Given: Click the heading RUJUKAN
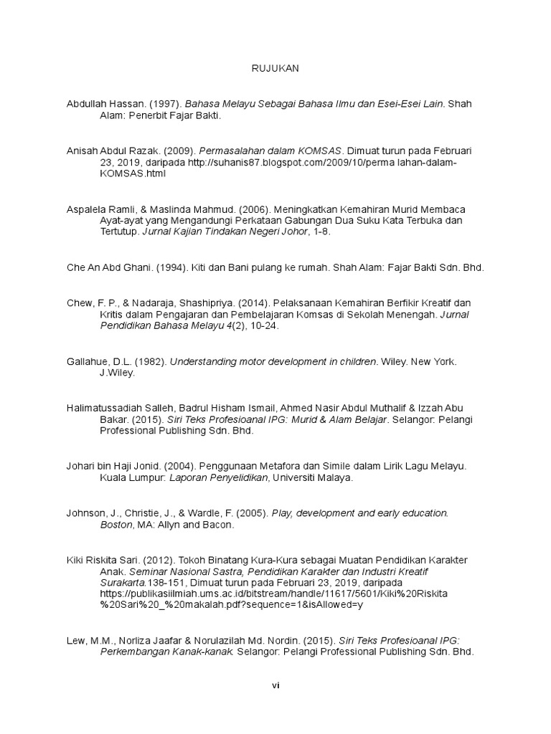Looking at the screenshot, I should tap(275, 69).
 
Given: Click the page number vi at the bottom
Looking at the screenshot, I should tap(275, 685).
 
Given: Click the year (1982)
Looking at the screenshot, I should tap(152, 362).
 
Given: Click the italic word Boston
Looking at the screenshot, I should tap(116, 525).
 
